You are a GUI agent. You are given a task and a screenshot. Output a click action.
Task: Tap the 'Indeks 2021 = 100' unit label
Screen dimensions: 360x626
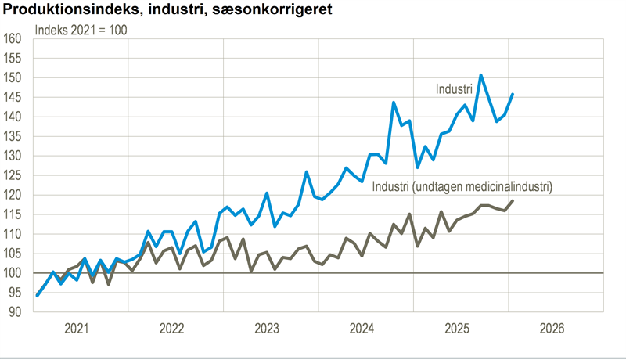[81, 31]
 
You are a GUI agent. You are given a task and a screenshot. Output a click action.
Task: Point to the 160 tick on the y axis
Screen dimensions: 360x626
[14, 39]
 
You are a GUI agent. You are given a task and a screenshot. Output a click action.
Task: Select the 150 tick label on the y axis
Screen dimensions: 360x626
[14, 78]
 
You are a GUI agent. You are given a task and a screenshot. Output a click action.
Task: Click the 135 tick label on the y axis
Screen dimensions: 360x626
[14, 136]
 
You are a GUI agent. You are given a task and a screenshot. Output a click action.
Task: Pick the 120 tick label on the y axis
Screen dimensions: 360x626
[14, 195]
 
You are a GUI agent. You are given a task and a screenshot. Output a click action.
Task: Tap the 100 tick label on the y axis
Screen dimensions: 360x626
[14, 273]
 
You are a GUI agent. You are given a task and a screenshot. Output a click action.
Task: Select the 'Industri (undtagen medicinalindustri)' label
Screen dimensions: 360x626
[462, 187]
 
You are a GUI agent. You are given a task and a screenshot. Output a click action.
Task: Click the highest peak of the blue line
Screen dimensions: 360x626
[480, 75]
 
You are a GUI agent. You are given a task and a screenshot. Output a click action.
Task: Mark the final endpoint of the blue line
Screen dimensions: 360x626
[513, 94]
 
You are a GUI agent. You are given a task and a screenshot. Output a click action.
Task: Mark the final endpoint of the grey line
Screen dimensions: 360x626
[513, 201]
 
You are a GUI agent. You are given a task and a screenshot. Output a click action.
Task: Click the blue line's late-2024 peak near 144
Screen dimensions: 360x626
[394, 103]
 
